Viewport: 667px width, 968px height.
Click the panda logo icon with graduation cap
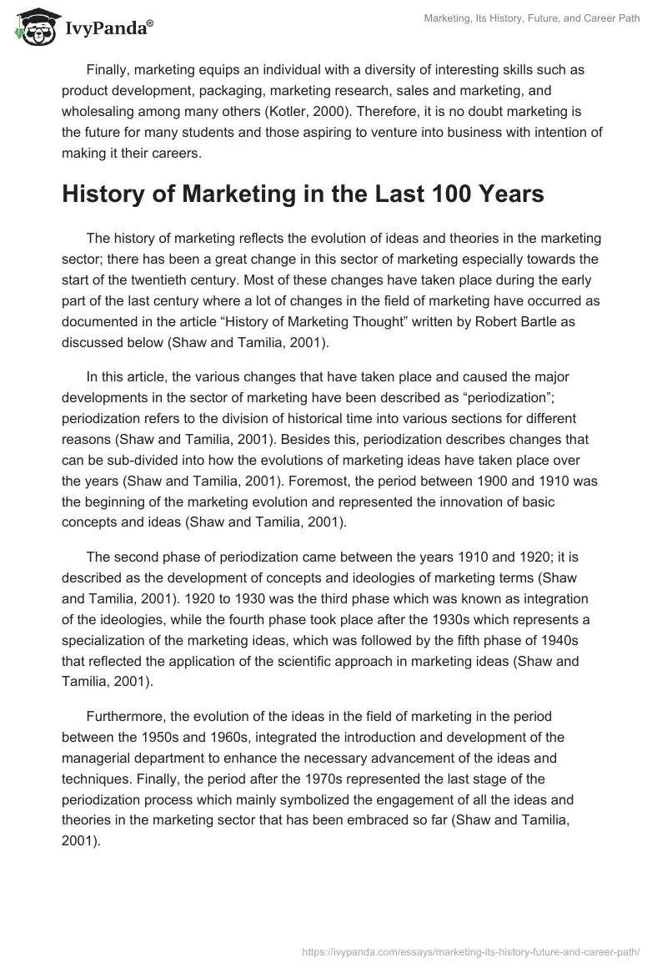[x=31, y=28]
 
